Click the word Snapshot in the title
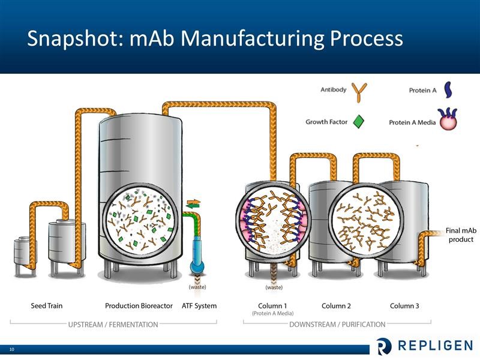[74, 39]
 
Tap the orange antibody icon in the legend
[359, 92]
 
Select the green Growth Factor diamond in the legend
[358, 122]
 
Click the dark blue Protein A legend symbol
[448, 89]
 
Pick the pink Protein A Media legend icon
[448, 119]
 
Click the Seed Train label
[47, 305]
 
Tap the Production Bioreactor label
[139, 305]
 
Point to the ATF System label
[199, 305]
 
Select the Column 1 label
[272, 305]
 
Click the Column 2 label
[336, 305]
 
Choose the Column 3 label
[404, 305]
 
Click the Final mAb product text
[461, 235]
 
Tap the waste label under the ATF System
[197, 287]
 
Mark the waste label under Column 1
[274, 287]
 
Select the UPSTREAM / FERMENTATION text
[113, 325]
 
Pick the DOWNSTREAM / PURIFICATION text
[337, 325]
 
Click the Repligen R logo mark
[384, 346]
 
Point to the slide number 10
[12, 349]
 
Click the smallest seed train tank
[25, 256]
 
